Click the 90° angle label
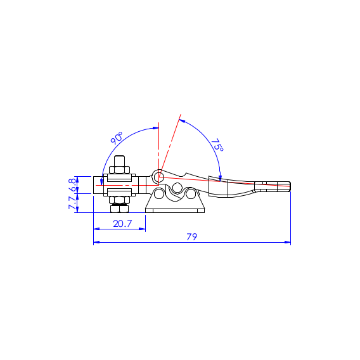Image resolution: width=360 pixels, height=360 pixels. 117,138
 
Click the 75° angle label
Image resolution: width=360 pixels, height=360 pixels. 217,145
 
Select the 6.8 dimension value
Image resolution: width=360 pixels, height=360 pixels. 72,185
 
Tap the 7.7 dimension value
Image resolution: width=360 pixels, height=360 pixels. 72,203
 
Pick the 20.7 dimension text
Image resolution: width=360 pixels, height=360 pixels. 122,224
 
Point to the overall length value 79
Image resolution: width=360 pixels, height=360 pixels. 192,236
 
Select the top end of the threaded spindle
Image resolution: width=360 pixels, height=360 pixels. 119,157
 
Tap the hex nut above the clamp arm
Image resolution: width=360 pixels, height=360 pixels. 119,170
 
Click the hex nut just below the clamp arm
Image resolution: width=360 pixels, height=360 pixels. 119,200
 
